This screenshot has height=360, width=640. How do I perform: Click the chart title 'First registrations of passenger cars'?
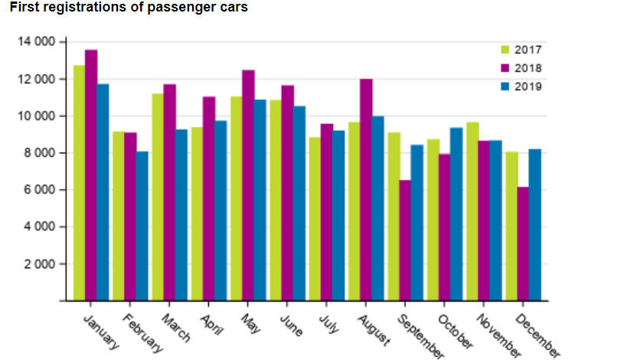pos(129,8)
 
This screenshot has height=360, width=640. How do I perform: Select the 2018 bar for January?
pos(91,175)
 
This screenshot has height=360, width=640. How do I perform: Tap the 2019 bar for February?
pos(142,226)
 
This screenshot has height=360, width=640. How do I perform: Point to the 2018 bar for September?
pos(405,241)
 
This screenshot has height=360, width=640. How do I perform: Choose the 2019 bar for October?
pos(456,214)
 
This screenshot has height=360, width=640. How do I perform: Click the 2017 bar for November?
pos(472,211)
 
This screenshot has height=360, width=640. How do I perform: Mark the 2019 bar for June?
pos(299,203)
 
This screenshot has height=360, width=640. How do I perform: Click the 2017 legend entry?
pos(521,50)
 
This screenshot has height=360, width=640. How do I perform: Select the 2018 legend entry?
pos(521,68)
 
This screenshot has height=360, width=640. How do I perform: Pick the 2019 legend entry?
pos(521,87)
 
